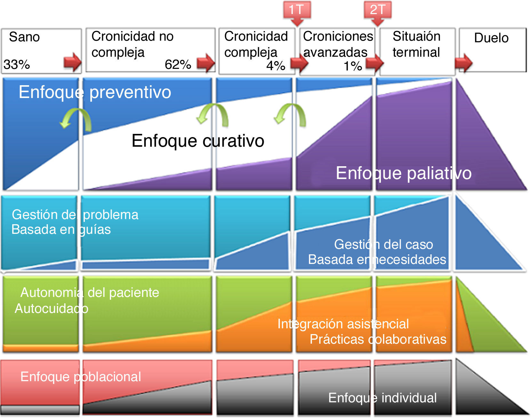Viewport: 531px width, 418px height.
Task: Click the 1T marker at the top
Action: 297,10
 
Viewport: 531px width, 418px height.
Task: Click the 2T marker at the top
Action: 377,10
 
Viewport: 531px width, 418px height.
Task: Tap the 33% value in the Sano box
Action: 17,64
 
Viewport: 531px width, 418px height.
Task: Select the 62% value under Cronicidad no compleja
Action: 178,64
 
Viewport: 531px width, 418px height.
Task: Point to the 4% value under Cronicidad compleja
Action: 276,66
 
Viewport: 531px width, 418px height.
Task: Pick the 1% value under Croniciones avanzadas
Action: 353,66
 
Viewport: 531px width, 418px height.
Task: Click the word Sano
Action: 24,37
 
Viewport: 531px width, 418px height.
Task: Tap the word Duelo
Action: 491,38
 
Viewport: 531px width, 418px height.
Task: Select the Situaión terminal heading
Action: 416,44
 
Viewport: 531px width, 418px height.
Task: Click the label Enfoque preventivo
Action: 95,92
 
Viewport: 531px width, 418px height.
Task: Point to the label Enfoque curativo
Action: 198,141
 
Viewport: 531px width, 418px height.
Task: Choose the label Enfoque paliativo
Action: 404,173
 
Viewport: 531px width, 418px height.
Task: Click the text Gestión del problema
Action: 75,215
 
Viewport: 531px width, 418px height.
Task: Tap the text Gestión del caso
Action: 383,244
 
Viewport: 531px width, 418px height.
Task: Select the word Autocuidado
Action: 52,308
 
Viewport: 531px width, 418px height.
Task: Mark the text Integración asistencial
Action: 343,324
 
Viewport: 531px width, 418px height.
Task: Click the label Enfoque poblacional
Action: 81,377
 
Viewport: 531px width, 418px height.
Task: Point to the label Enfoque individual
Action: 382,398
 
